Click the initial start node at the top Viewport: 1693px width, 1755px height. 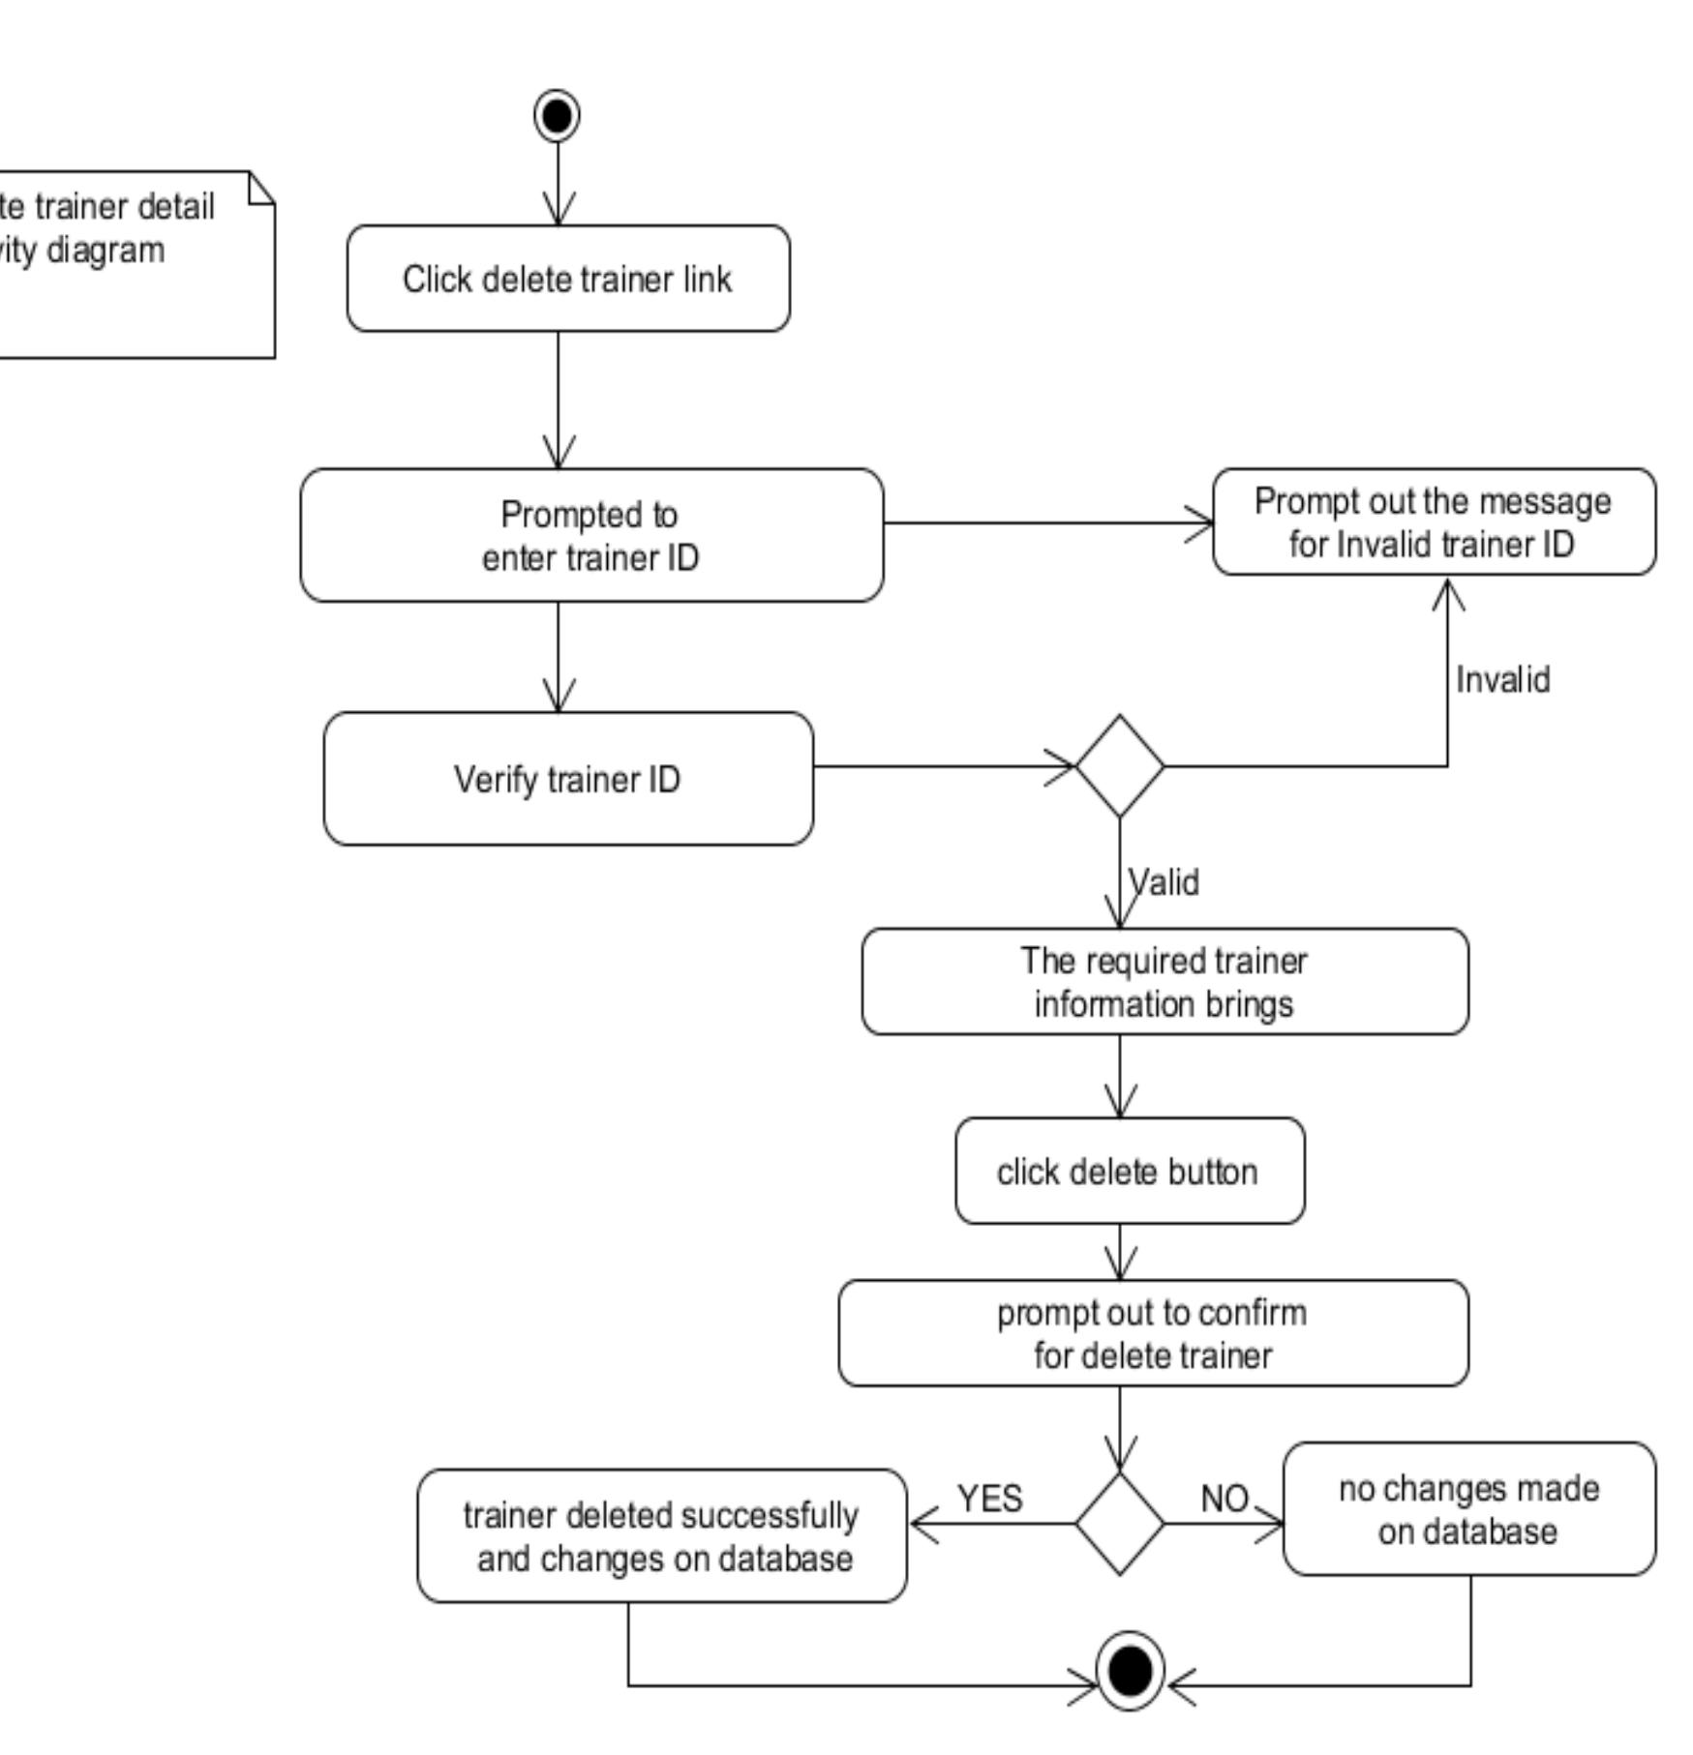coord(557,116)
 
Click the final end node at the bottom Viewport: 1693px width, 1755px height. coord(1130,1670)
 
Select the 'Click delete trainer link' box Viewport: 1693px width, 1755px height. coord(568,279)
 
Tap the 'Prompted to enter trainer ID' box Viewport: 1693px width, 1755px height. coord(591,536)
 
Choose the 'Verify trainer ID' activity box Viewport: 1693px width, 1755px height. coord(568,779)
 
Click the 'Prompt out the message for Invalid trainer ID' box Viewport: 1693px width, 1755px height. coord(1434,522)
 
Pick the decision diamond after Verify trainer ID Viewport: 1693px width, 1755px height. coord(1120,766)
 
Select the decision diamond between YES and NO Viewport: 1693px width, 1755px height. coord(1120,1524)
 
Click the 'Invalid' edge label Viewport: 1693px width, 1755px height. coord(1502,680)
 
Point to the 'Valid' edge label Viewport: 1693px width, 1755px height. coord(1164,882)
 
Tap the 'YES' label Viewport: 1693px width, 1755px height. coord(989,1499)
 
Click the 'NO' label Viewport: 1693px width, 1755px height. coord(1224,1499)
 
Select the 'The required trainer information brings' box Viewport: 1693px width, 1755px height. coord(1164,982)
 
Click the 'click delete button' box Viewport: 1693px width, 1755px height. coord(1130,1172)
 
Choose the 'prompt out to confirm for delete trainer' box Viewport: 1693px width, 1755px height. coord(1153,1333)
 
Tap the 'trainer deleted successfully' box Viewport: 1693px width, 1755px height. coord(662,1536)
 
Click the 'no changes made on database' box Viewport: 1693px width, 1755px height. coord(1468,1509)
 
